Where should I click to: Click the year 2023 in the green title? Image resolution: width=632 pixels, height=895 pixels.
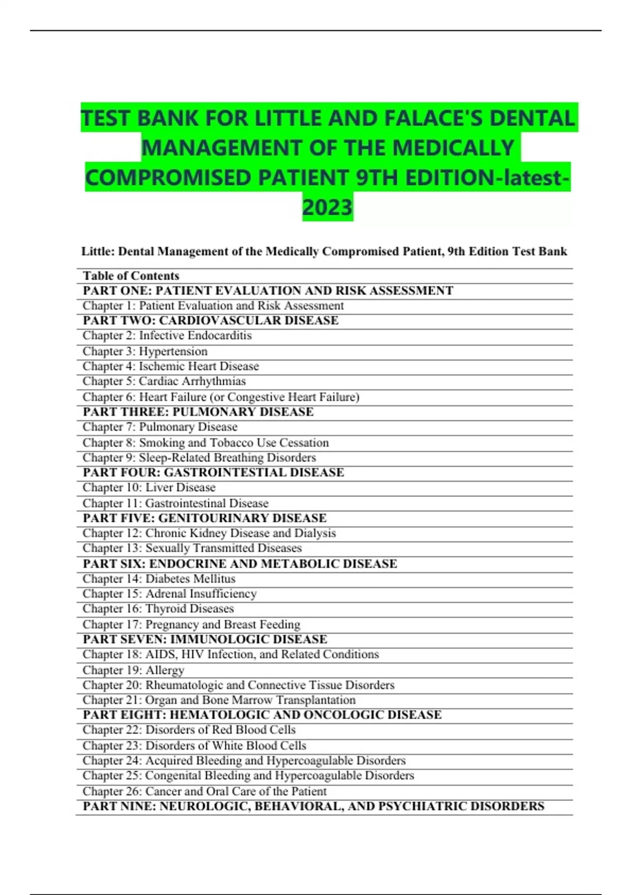click(327, 207)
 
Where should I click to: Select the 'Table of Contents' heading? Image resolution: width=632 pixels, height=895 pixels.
click(131, 276)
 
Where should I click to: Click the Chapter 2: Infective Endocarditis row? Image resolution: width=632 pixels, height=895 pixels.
click(167, 336)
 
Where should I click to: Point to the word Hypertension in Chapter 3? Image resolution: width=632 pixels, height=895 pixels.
click(173, 351)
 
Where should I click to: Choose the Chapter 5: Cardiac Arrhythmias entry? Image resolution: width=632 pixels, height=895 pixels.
click(164, 381)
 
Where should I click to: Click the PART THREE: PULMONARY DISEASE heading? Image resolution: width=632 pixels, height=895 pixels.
click(198, 412)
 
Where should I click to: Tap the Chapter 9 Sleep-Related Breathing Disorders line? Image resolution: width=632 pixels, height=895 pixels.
click(199, 458)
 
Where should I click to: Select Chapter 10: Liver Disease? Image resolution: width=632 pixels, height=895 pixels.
click(149, 488)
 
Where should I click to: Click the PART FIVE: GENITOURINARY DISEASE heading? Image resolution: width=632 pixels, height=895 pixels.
click(204, 518)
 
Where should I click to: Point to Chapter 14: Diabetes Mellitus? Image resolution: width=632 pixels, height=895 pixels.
click(159, 579)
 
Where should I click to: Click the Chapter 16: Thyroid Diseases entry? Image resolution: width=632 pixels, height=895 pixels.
click(158, 609)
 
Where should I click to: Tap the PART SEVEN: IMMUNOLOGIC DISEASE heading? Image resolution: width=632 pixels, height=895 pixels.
click(205, 639)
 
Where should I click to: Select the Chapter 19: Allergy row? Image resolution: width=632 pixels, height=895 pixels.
click(133, 670)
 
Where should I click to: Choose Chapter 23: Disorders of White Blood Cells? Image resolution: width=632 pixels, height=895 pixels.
click(194, 745)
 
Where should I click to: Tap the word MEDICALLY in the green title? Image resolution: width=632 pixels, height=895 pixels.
click(452, 148)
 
